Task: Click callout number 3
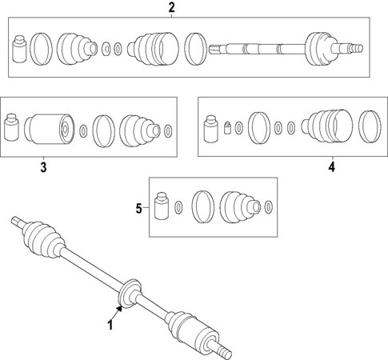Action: [43, 167]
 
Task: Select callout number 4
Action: [330, 167]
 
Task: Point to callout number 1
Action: [111, 324]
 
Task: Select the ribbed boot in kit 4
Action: [327, 126]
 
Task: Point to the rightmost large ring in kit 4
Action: [370, 126]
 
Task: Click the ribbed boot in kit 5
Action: [238, 206]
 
